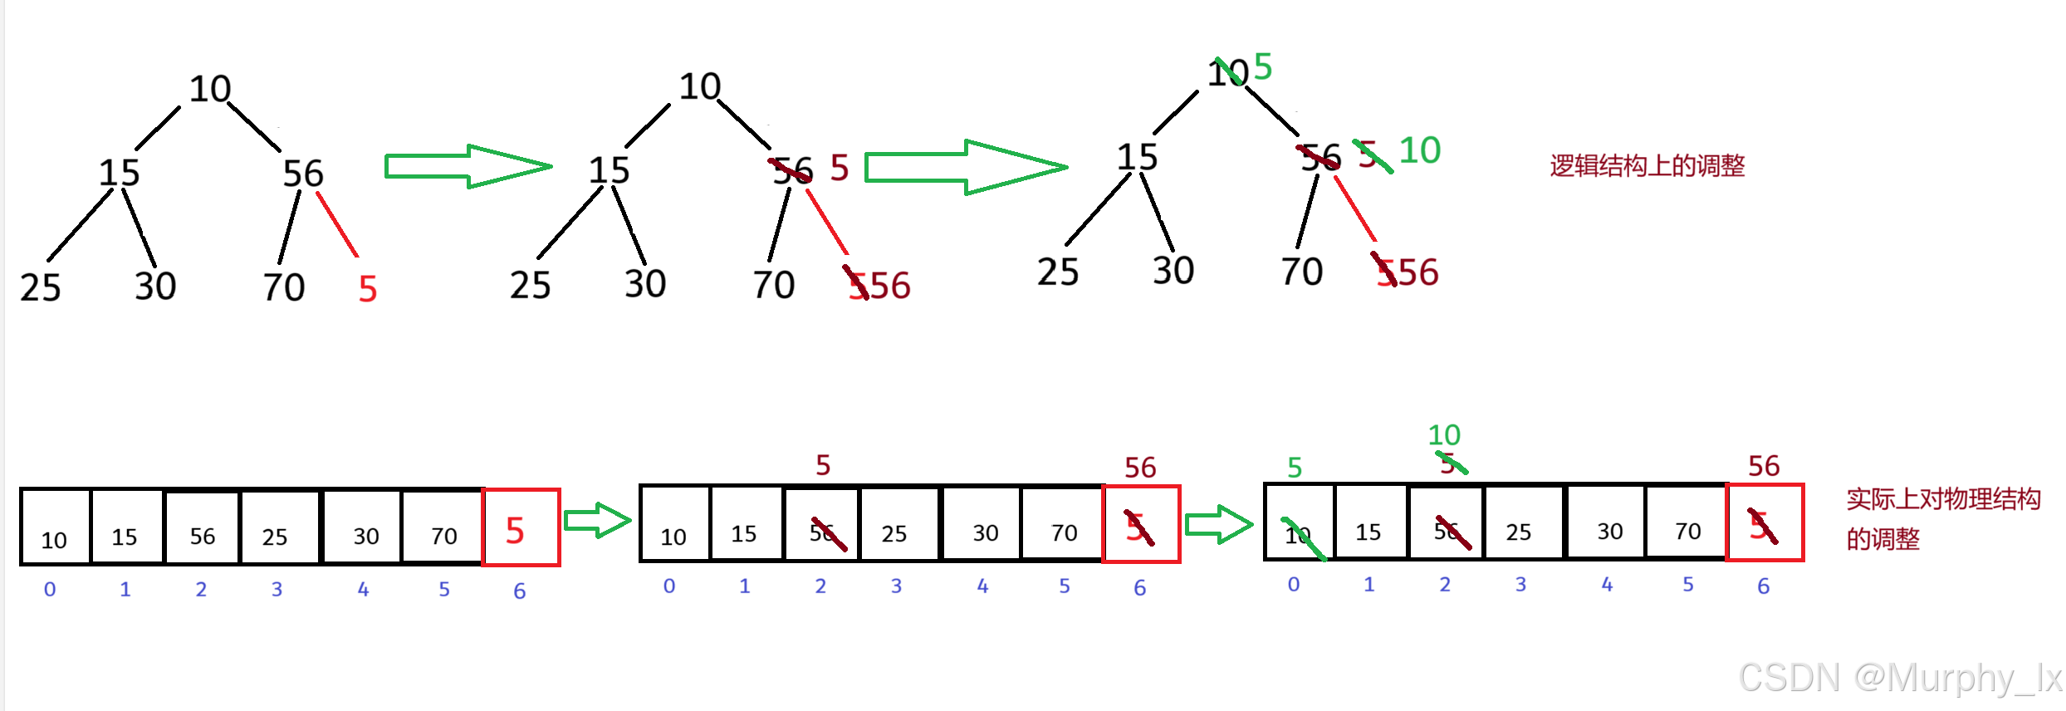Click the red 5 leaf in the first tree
368,289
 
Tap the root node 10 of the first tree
209,89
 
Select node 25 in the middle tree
530,285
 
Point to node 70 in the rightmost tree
1301,272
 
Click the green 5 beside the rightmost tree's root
1263,66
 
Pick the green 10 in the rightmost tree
1420,150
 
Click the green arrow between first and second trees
468,166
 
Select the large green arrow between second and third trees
966,167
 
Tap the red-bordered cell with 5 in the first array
521,528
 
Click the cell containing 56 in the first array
202,529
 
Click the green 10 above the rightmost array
1444,434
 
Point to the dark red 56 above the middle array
1140,467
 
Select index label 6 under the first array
519,591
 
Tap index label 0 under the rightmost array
1294,585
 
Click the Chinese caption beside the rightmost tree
1647,166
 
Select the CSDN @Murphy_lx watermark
1900,678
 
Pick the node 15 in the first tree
119,173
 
